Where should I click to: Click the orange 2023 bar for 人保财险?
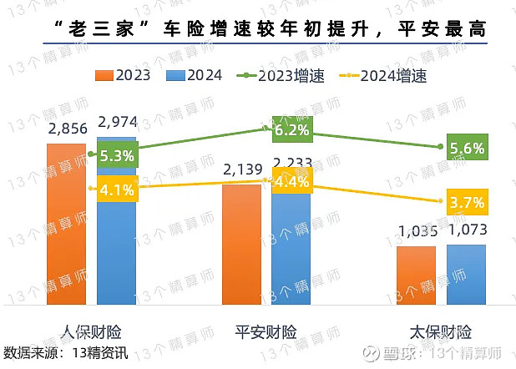(66, 225)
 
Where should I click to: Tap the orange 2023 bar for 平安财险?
(241, 246)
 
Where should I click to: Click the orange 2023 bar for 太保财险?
(416, 275)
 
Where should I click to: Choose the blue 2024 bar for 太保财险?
(466, 275)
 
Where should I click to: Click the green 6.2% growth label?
(291, 130)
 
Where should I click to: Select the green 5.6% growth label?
(467, 148)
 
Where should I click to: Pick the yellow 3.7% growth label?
(467, 202)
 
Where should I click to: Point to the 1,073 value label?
(467, 230)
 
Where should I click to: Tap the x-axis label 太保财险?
(441, 330)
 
